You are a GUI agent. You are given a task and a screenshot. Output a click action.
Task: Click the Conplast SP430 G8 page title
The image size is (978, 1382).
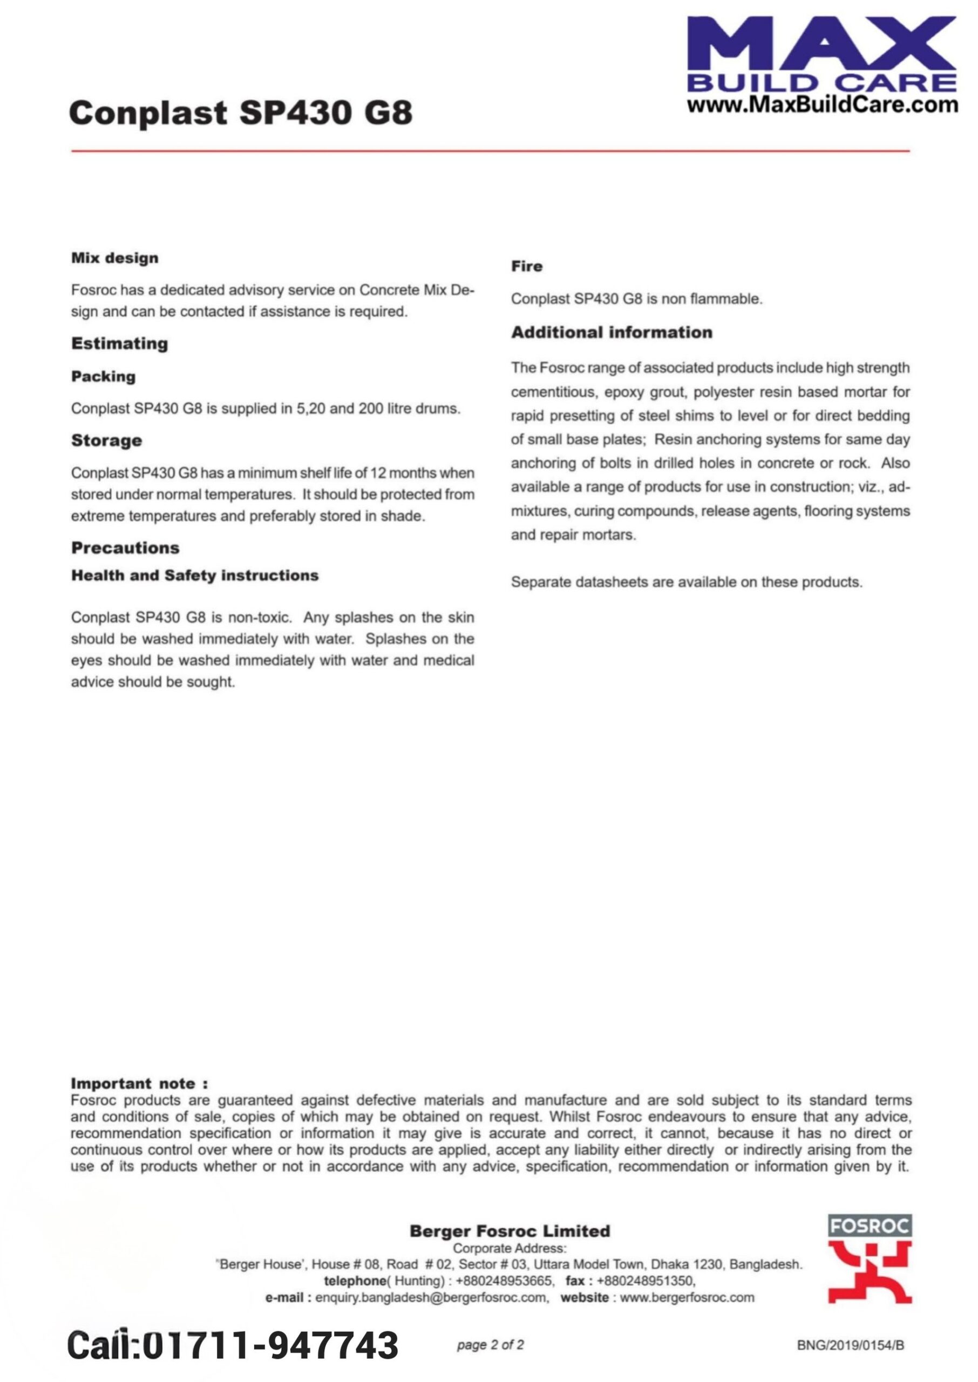point(240,113)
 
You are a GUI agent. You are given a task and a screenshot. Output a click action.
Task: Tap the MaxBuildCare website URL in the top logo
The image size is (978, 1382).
point(822,105)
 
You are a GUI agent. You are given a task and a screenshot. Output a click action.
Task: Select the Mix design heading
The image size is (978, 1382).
point(114,259)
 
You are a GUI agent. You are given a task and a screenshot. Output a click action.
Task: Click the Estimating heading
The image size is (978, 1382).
point(119,344)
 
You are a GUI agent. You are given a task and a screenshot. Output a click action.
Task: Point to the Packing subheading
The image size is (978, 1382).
point(103,376)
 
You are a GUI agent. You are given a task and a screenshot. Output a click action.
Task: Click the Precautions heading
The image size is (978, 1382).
point(125,547)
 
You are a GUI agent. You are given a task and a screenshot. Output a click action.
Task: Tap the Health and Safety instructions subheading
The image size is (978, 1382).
point(194,575)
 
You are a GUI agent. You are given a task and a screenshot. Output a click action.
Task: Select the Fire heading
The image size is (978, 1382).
point(526,266)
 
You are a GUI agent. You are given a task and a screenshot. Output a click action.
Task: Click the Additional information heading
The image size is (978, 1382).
point(611,333)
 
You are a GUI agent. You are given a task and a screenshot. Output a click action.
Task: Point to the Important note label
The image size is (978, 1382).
point(139,1083)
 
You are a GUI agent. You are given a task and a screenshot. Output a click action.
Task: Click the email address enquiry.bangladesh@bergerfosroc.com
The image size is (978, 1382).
point(431,1298)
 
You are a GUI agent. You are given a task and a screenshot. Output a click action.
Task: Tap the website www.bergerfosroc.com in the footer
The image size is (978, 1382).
point(687,1298)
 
